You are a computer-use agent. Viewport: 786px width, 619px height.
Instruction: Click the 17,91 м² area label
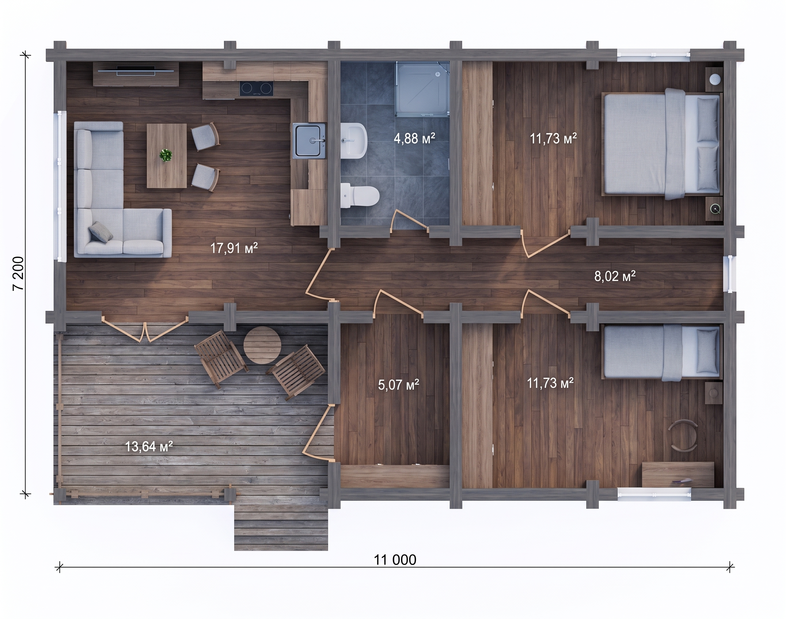(x=234, y=248)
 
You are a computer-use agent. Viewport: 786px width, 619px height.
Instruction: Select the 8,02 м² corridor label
(x=615, y=277)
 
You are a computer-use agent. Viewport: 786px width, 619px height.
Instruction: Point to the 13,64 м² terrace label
(x=149, y=447)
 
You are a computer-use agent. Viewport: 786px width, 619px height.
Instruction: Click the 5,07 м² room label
(x=399, y=385)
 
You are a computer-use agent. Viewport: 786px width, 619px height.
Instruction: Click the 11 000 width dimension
(x=395, y=560)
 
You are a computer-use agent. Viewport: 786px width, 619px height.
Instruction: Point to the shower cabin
(x=422, y=89)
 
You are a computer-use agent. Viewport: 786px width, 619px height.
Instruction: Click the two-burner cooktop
(x=257, y=89)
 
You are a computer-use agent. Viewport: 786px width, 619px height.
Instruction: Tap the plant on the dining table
(x=166, y=155)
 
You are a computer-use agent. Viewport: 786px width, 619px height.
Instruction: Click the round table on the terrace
(x=262, y=345)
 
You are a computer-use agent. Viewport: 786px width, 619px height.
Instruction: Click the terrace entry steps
(x=281, y=528)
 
